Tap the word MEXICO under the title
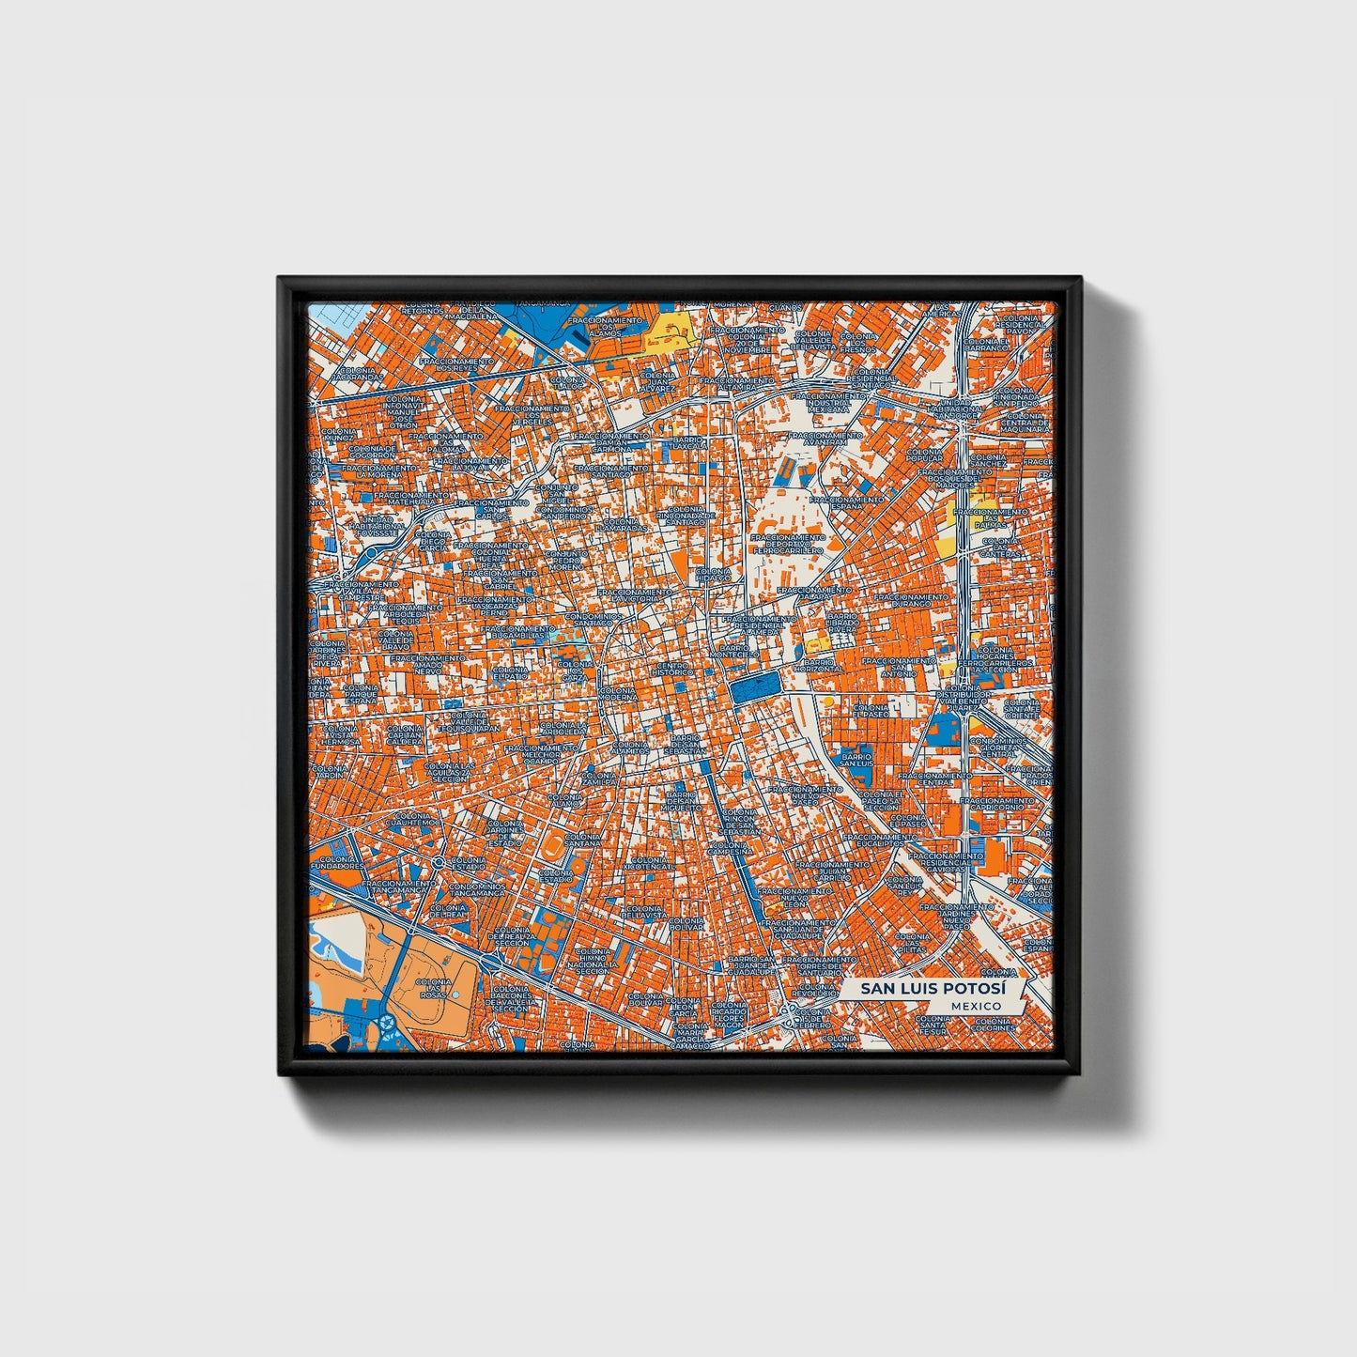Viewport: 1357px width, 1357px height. point(975,1006)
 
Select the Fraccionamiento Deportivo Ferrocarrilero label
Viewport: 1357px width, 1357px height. point(789,545)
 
